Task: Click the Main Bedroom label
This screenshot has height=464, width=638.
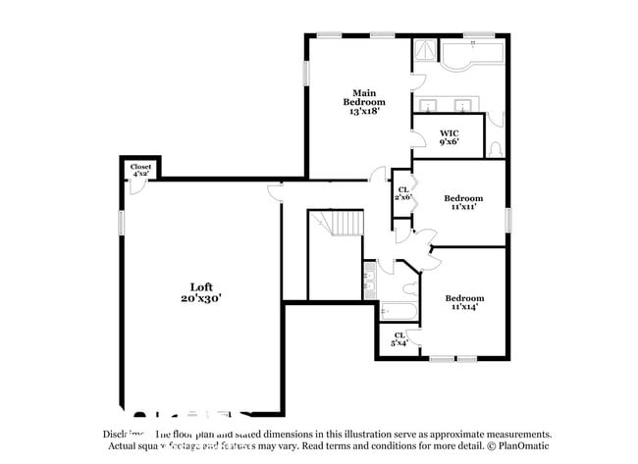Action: (363, 102)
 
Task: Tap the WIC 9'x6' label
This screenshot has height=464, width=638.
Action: (449, 137)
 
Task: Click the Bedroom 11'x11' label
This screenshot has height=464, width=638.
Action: (463, 202)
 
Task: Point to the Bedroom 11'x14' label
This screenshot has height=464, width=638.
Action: (463, 303)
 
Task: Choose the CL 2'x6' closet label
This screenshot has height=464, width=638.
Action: (402, 193)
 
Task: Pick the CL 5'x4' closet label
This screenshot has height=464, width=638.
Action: (399, 339)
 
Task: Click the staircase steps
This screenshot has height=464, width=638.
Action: (345, 225)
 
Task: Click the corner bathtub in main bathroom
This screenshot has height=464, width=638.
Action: (470, 59)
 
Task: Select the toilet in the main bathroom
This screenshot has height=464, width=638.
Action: (496, 148)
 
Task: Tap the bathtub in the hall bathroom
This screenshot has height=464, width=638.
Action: (398, 312)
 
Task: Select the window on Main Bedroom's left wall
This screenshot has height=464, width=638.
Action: (306, 73)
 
